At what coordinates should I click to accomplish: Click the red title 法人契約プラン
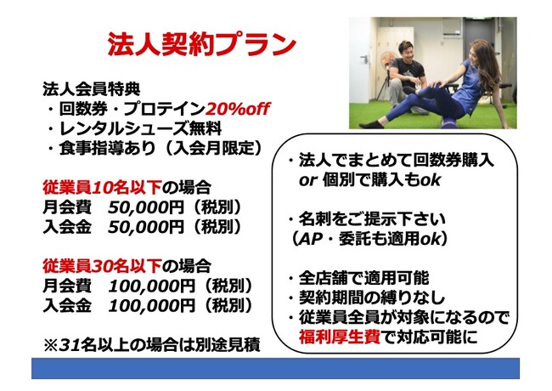[201, 44]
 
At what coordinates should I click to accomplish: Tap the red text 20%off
[238, 109]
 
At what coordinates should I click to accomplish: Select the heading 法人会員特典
[92, 88]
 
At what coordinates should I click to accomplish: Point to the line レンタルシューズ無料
[140, 128]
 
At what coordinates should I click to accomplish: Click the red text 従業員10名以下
[102, 187]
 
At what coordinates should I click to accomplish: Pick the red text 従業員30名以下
[102, 265]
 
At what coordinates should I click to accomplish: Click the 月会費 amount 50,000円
[146, 207]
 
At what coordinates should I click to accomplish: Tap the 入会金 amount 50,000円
[146, 227]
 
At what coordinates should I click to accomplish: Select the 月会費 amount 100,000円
[151, 286]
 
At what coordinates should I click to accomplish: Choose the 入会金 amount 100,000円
[151, 305]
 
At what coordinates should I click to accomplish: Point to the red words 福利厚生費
[340, 337]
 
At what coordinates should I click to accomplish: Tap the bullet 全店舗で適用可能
[364, 278]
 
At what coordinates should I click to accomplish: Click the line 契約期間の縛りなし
[372, 298]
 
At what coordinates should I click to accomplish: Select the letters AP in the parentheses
[310, 240]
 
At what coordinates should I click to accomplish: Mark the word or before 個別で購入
[308, 181]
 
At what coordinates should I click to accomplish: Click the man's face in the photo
[406, 52]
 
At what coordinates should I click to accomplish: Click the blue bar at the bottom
[276, 368]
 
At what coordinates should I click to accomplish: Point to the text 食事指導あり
[107, 148]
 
